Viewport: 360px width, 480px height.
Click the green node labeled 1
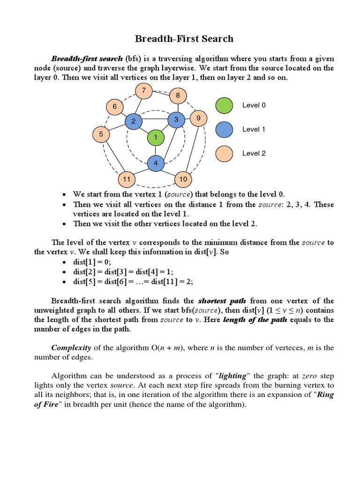coord(156,138)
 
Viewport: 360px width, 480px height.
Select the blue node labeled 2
coord(134,122)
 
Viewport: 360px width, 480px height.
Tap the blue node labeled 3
coord(176,120)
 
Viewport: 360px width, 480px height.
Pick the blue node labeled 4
coord(156,164)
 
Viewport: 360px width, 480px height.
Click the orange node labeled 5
coord(101,135)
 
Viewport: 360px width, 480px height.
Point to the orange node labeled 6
coord(114,107)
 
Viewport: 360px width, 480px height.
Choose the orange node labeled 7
coord(143,90)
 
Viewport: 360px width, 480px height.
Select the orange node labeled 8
coord(178,96)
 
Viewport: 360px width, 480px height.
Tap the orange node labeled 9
coord(198,118)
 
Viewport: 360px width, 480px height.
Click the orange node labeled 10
coord(183,179)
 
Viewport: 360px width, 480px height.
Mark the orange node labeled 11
coord(126,179)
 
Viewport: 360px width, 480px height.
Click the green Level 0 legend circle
coord(224,105)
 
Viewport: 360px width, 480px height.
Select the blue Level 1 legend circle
coord(224,129)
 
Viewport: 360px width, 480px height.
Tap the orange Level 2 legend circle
coord(224,153)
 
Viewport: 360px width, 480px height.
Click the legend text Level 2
coord(254,153)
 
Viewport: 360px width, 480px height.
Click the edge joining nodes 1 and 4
coord(156,150)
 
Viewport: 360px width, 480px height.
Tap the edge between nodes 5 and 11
coord(113,157)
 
